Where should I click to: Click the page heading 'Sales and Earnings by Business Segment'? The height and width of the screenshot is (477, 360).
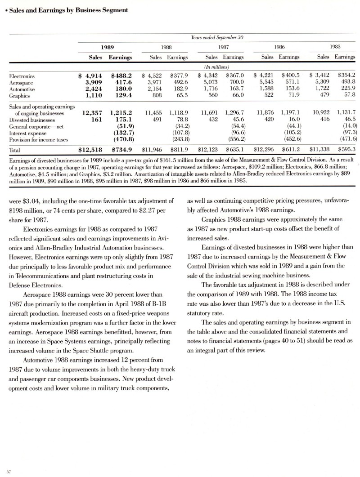click(x=67, y=9)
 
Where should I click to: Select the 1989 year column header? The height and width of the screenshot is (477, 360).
click(x=107, y=46)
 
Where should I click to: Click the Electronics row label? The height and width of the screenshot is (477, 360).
click(x=22, y=76)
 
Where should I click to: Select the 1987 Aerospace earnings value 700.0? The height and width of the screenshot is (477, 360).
click(x=235, y=83)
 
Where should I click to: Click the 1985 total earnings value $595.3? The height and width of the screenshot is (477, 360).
click(x=344, y=149)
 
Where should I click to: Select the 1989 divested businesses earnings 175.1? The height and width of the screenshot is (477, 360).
click(x=121, y=120)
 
